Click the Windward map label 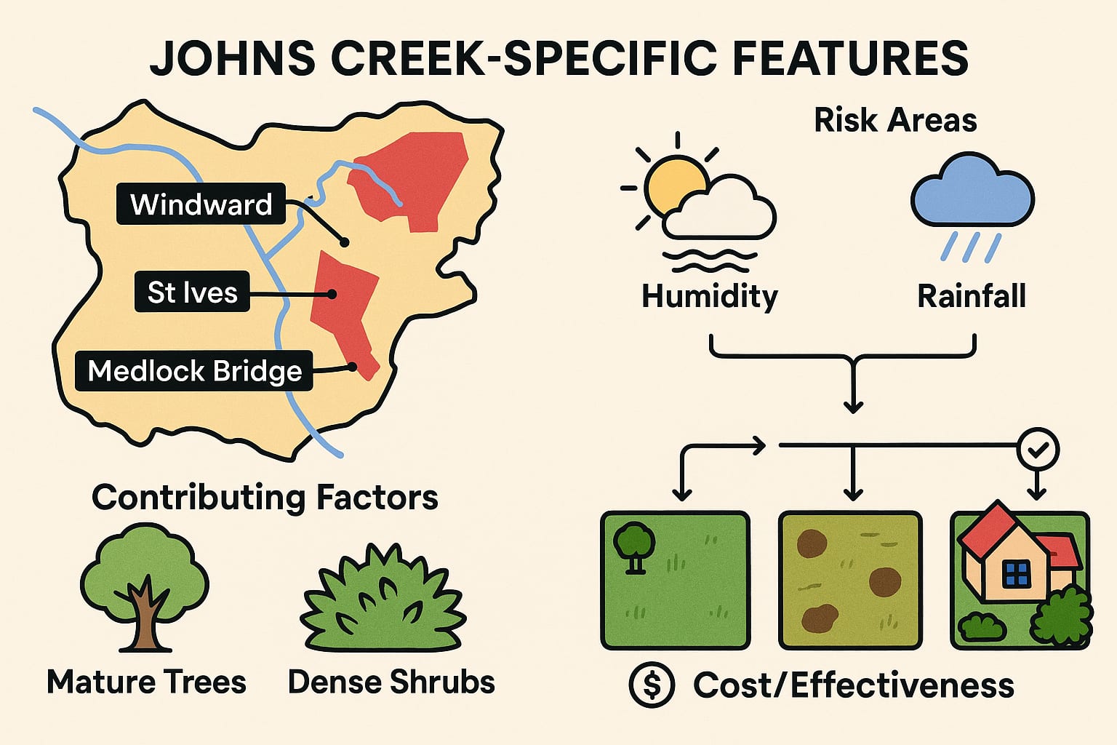201,204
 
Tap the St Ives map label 192,292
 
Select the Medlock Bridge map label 194,371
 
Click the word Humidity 710,297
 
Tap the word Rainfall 972,297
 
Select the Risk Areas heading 895,120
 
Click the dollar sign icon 652,685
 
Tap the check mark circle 1038,450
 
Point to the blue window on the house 1016,574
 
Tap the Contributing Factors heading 265,498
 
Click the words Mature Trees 146,682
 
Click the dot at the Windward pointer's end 345,242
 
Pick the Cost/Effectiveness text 853,685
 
